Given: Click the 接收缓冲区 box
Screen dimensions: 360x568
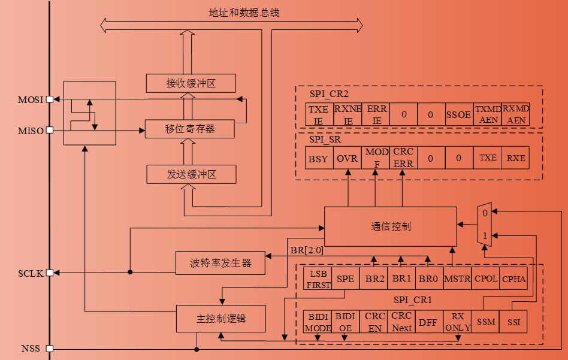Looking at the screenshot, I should coord(191,83).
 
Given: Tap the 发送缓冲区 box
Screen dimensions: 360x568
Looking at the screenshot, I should coord(191,175).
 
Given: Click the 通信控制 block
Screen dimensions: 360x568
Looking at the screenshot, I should coord(390,226).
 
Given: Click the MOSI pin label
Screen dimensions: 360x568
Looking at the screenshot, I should coord(31,99).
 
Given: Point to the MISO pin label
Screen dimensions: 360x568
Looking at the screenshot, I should coord(31,130).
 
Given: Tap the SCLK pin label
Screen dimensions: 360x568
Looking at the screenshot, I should coord(31,273).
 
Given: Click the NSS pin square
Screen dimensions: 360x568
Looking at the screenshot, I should coord(50,348).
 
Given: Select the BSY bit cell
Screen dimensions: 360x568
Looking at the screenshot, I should coord(319,158).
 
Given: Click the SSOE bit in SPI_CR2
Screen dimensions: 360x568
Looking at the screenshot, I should coord(458,114).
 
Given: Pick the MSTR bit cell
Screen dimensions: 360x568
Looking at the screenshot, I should coord(458,279).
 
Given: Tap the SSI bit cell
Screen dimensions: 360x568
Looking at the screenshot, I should coord(513,322).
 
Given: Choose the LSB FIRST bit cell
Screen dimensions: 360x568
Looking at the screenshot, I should coord(318,279).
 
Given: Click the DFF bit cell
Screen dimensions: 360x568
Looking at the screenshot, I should coord(428,322).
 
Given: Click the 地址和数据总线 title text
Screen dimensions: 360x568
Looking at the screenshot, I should coord(235,12).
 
